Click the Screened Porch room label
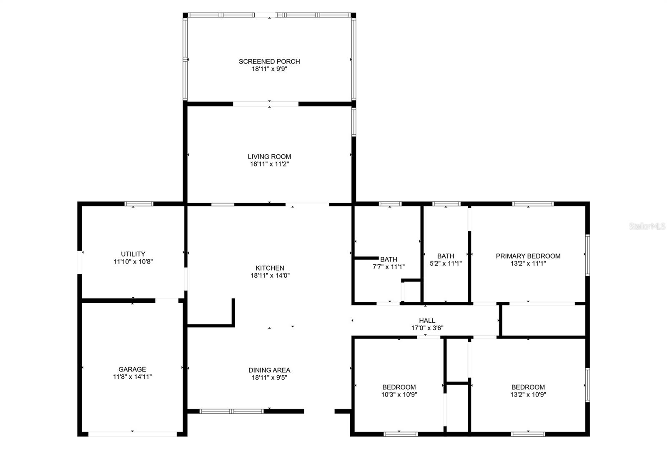[269, 62]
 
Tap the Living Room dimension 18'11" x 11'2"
[269, 164]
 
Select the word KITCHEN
[270, 268]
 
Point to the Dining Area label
[269, 370]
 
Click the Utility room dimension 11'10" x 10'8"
[133, 262]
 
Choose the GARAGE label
[132, 369]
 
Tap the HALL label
[427, 321]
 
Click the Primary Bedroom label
[528, 256]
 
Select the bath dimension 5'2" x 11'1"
[446, 264]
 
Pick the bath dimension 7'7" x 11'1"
[389, 267]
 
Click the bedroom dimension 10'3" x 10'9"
[399, 394]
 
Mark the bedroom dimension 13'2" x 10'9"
[528, 394]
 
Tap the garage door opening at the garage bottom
[133, 434]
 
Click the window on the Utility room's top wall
[139, 204]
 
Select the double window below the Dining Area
[231, 411]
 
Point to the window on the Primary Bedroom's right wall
[587, 255]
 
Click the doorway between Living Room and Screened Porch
[266, 104]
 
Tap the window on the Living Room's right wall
[354, 122]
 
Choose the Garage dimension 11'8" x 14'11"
[132, 377]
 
